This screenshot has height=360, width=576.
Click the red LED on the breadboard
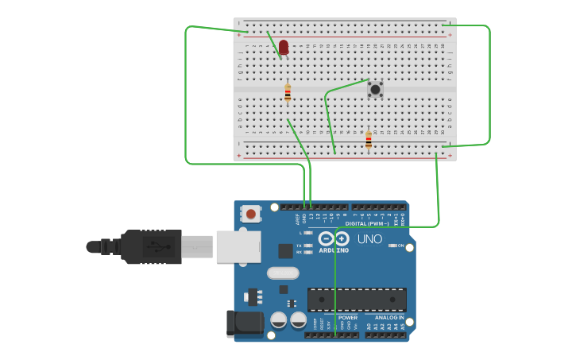point(284,47)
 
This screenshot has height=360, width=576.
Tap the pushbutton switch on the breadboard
point(375,88)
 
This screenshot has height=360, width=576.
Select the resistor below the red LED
point(288,93)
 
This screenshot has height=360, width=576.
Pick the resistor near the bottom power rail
point(368,141)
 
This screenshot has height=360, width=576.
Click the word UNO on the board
point(369,238)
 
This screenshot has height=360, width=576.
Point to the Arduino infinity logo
point(334,238)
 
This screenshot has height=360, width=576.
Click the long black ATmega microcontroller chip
point(357,299)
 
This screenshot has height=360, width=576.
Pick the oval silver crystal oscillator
point(283,273)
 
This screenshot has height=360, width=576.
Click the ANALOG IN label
point(389,317)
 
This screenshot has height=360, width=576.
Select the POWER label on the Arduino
point(347,317)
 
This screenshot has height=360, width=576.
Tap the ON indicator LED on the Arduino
point(392,246)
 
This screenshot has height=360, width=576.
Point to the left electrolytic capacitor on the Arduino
point(279,319)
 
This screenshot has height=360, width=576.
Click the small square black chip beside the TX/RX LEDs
point(285,251)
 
